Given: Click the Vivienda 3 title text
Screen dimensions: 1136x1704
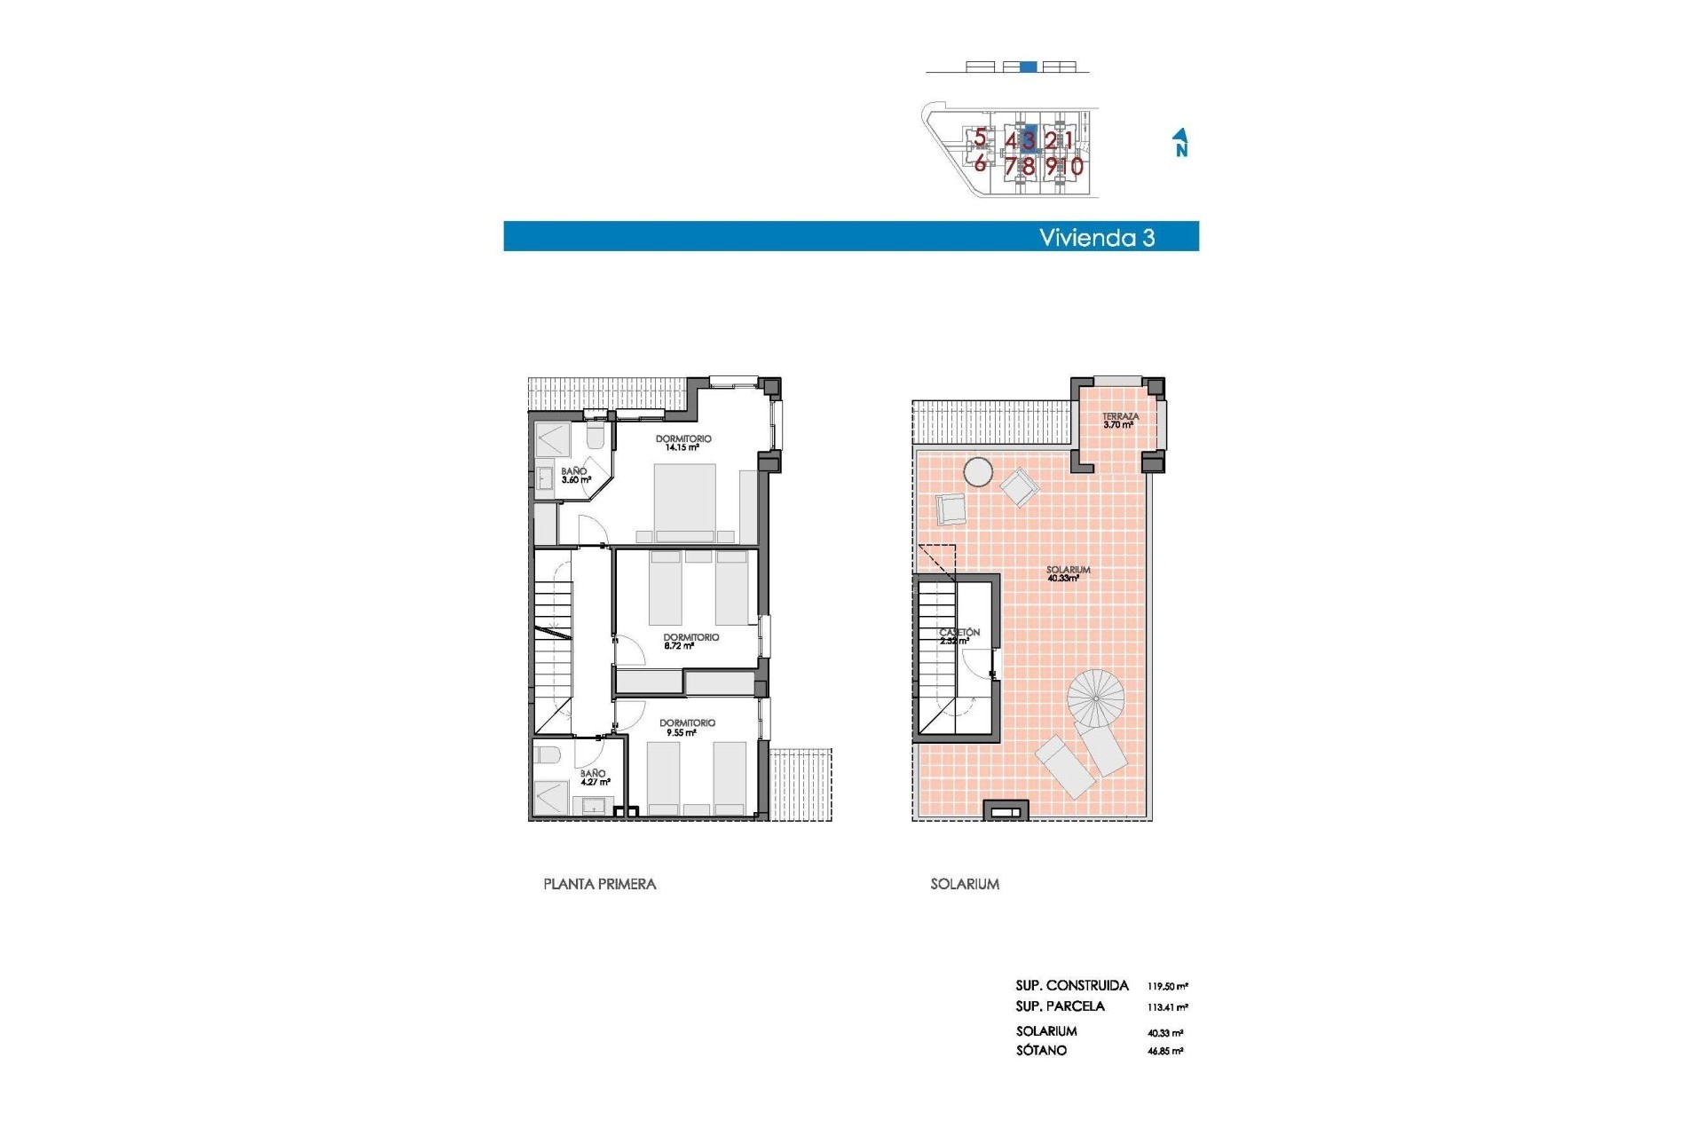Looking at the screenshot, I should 1097,238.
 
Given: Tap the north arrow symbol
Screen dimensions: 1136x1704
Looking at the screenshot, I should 1180,142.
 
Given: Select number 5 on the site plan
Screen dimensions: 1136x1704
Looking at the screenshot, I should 980,138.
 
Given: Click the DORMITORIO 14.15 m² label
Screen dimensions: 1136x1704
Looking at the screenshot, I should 682,443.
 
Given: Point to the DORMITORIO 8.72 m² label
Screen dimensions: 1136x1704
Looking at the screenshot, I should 690,642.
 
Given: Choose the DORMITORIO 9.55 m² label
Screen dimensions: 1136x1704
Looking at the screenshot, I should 687,728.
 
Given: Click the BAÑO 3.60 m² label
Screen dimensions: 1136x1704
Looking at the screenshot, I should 575,476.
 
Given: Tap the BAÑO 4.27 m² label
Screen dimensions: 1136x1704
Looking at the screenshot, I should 594,777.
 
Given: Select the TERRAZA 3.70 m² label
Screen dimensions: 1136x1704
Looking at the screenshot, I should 1120,421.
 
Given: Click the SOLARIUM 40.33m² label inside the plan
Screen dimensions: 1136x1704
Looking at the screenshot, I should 1067,574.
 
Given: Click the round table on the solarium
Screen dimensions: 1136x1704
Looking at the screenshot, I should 978,471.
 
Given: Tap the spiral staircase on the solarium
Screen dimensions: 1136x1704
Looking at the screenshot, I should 1096,698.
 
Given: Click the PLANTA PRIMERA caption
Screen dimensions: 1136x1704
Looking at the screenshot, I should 599,884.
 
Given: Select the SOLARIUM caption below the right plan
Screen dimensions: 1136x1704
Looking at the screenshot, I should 965,884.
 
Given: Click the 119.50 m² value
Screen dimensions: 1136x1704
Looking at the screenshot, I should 1167,986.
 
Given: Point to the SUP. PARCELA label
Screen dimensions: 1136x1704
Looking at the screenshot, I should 1060,1006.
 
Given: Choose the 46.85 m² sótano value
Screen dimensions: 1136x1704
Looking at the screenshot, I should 1164,1051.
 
